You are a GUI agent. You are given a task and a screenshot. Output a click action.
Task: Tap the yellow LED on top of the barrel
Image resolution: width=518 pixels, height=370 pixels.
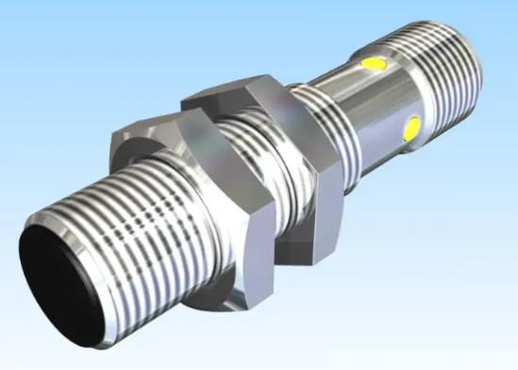pos(375,65)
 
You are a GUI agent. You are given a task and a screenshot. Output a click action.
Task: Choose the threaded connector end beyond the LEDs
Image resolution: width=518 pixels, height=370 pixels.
pos(443,61)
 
